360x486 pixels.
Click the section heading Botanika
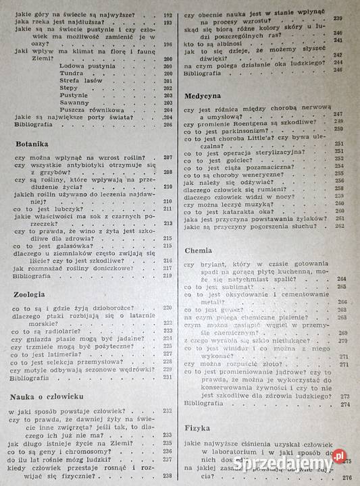click(x=32, y=144)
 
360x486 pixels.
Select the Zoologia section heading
click(x=30, y=295)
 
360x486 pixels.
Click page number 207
click(x=168, y=158)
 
